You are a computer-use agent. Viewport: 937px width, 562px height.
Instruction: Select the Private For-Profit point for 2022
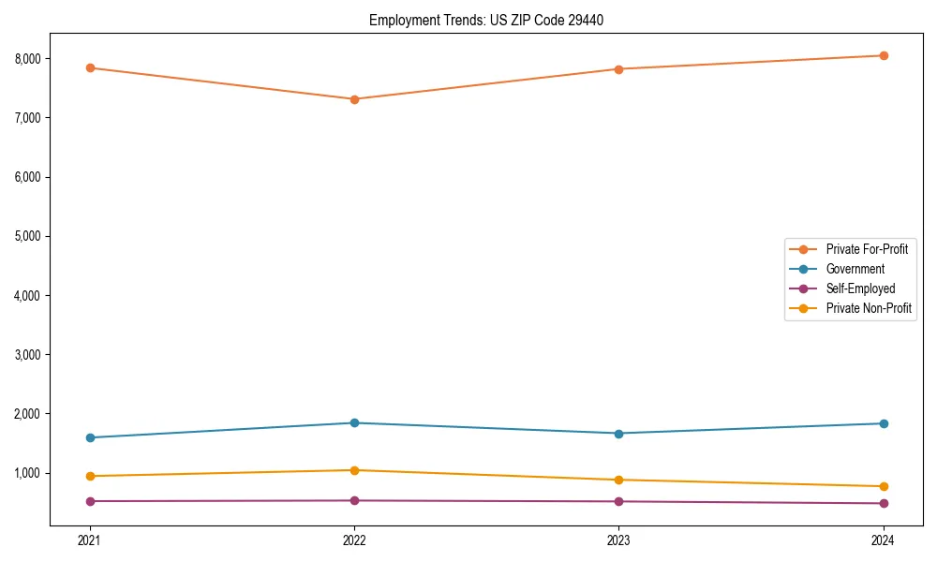coord(354,99)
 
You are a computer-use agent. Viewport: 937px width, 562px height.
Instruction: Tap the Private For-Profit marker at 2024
coord(884,55)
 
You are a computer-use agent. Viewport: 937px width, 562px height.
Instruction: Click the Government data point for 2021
coord(90,437)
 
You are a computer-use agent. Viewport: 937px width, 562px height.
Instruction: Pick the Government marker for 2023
coord(618,434)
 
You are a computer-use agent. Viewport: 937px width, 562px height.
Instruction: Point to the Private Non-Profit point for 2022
coord(354,470)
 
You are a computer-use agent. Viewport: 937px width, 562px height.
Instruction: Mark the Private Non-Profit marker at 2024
coord(884,486)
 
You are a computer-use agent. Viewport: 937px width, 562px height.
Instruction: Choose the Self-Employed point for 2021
coord(90,501)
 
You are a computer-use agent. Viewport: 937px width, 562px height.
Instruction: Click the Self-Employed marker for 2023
coord(618,501)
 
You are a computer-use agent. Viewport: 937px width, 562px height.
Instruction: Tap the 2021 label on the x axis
coord(90,540)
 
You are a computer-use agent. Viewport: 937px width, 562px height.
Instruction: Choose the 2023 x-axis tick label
coord(618,540)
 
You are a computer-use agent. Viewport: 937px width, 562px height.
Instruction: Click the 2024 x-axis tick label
coord(884,540)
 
